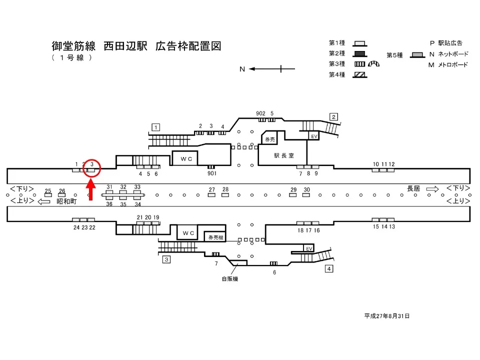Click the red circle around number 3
coord(92,168)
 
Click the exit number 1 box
coord(156,127)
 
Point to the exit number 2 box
coord(333,117)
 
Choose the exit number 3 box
coord(166,259)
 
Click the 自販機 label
coord(230,278)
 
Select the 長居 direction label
coord(413,188)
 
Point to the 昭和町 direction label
coord(66,201)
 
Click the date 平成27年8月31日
coord(387,316)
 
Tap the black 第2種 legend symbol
coord(360,53)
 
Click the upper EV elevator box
coord(314,136)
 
